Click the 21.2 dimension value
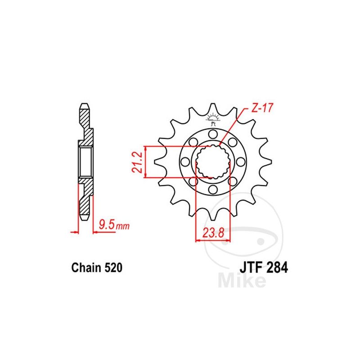pos(137,162)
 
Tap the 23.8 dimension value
pos(213,233)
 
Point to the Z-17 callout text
pos(262,108)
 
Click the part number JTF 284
pos(264,267)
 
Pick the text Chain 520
pos(97,267)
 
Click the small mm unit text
pos(122,226)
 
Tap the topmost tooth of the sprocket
pos(213,108)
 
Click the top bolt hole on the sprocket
pos(213,134)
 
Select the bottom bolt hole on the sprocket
pos(213,189)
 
